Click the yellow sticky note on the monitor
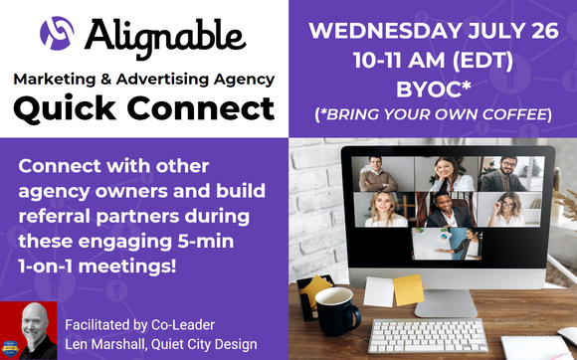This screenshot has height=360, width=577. coord(407,290)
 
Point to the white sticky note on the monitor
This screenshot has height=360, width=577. coord(378,291)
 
